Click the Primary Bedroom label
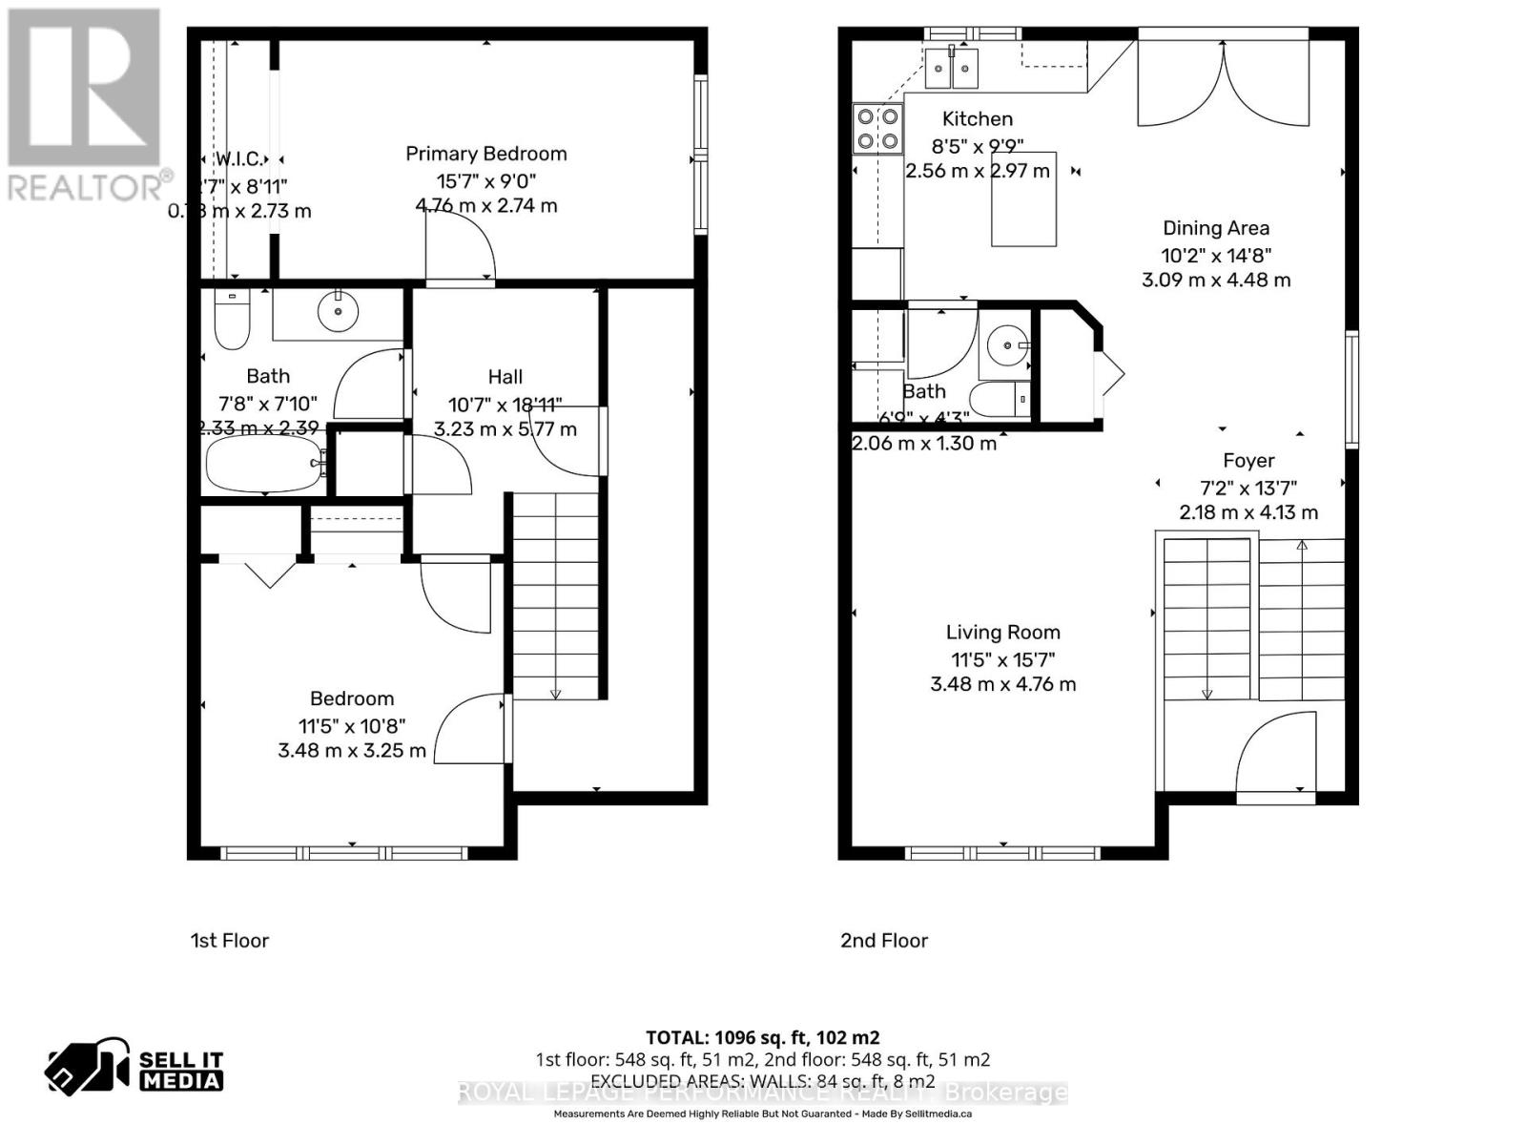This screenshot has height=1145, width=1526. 485,154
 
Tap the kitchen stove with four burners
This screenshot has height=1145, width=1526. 877,129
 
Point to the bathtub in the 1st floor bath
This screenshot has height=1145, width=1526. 264,464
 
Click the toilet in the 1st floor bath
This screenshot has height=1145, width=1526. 232,320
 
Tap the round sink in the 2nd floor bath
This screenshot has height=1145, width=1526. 1004,344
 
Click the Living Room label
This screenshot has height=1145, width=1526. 1002,632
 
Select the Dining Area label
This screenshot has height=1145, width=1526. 1215,228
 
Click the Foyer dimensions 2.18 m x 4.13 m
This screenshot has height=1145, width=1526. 1248,512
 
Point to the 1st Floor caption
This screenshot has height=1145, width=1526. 230,941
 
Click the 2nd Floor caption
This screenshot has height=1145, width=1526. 883,941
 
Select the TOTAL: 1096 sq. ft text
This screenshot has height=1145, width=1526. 762,1037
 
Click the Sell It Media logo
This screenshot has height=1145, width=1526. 134,1069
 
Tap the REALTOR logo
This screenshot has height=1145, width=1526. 86,105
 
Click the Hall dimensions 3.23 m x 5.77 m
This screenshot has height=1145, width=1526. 505,429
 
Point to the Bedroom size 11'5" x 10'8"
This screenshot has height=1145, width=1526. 351,725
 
